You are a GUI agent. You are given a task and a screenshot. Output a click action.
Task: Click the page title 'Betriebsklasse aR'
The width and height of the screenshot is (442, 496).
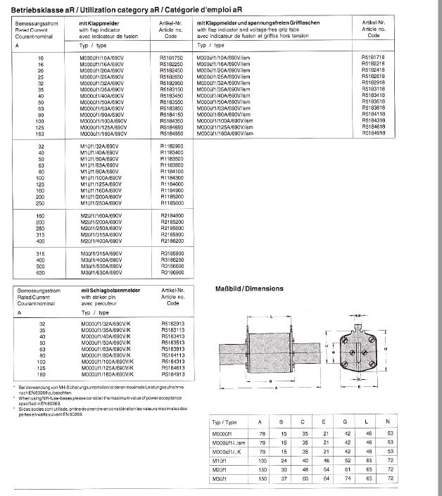[x=36, y=8]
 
